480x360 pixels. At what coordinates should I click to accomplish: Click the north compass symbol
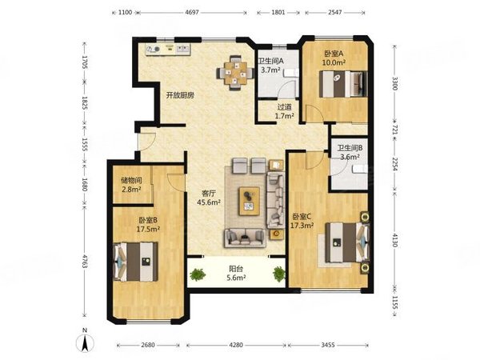click(x=85, y=341)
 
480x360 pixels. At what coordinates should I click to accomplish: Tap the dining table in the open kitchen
click(x=235, y=73)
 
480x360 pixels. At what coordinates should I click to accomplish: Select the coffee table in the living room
click(x=249, y=202)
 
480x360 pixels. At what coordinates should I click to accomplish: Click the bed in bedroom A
click(x=343, y=84)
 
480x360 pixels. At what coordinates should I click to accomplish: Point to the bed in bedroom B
click(x=136, y=262)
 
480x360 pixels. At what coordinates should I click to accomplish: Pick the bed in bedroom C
click(x=347, y=242)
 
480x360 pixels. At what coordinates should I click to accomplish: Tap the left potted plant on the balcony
click(x=198, y=274)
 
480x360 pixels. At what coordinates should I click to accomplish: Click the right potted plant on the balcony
click(x=279, y=274)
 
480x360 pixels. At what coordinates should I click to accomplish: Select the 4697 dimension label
click(x=192, y=12)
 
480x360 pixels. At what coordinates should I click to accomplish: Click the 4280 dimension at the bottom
click(x=236, y=345)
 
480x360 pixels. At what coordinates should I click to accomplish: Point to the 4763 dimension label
click(x=85, y=261)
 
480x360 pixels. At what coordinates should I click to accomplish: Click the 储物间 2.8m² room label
click(x=131, y=185)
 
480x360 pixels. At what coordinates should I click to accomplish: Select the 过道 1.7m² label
click(x=284, y=111)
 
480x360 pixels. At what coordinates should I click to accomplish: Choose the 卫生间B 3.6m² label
click(x=350, y=153)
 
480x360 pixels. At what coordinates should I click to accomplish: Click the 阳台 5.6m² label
click(x=236, y=274)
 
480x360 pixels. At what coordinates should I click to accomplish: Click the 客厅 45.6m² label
click(x=209, y=198)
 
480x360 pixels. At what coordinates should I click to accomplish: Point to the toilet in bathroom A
click(x=291, y=73)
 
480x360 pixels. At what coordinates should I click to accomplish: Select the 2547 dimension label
click(x=335, y=12)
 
